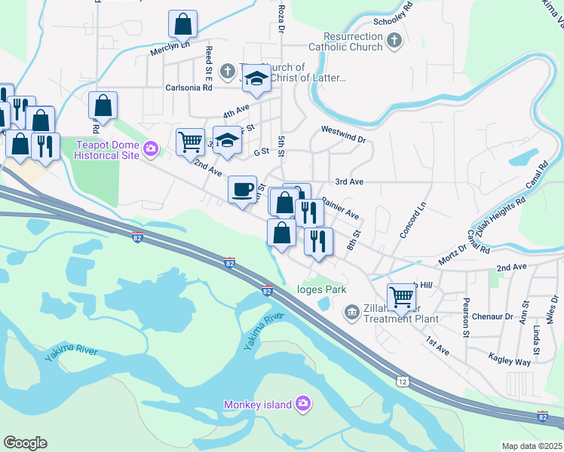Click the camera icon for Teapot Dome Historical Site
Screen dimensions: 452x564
coord(151,149)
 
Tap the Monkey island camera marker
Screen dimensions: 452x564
coord(302,405)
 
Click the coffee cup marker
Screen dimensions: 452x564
coord(242,189)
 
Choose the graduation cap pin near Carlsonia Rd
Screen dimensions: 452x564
coord(256,78)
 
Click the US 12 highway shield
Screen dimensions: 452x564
coord(401,382)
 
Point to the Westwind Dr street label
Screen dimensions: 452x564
coord(343,139)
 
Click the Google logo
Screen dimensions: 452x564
coord(25,443)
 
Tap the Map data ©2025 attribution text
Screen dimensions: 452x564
coord(531,446)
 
